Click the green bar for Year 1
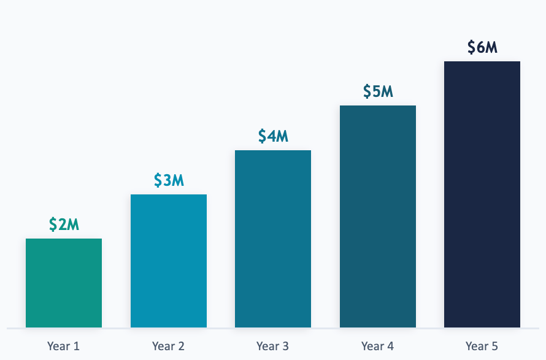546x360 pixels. [x=64, y=283]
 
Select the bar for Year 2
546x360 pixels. [x=168, y=261]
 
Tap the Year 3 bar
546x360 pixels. [x=273, y=239]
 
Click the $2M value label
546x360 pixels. [x=64, y=224]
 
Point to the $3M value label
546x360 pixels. [x=169, y=180]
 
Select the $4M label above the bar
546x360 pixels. [x=273, y=136]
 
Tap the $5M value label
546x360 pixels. [x=377, y=91]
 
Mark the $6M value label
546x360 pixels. [x=482, y=47]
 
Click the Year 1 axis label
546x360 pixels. [x=63, y=346]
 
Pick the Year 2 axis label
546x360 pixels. [x=168, y=346]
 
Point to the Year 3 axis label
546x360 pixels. [x=272, y=346]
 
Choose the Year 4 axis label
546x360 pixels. [x=377, y=346]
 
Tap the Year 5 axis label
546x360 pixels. [x=482, y=346]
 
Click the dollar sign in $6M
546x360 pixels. [x=471, y=47]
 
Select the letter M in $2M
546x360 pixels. [x=73, y=224]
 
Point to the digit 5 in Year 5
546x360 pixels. [x=494, y=346]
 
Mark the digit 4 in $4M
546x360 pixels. [x=272, y=136]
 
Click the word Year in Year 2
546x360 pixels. [x=163, y=346]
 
